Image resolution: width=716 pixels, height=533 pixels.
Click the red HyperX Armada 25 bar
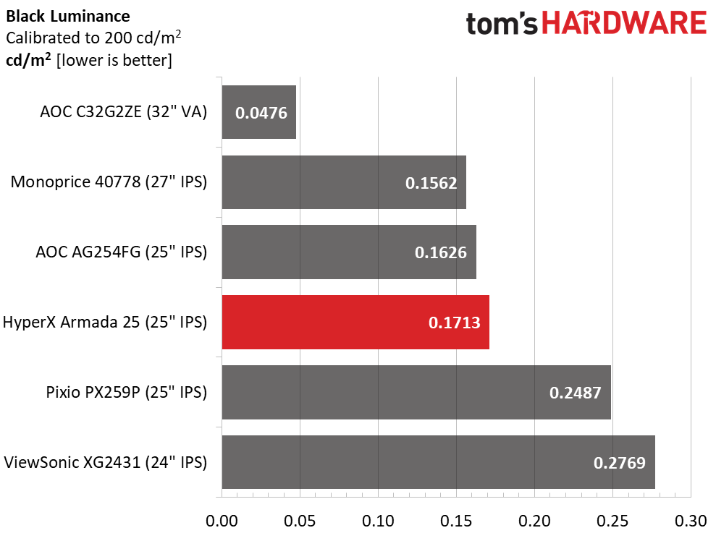[355, 322]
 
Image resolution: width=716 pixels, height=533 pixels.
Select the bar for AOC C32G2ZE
[259, 112]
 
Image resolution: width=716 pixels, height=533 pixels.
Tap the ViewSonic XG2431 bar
[439, 462]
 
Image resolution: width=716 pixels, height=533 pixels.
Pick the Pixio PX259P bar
[416, 392]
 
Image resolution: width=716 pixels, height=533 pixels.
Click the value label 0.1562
[431, 183]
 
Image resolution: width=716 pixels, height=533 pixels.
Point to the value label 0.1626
[441, 252]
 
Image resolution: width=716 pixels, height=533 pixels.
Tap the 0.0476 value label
[261, 113]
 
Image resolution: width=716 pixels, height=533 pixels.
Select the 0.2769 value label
[620, 463]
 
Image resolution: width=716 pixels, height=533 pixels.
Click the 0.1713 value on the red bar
[455, 323]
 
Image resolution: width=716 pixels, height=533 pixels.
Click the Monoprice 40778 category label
[109, 182]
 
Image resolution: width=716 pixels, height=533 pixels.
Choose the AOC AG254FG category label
[122, 252]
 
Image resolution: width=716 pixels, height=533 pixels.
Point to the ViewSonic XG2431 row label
[106, 462]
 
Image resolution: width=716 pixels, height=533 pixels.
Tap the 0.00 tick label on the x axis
[222, 521]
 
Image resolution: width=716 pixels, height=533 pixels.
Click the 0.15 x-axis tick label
[456, 521]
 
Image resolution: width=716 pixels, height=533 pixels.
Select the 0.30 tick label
[691, 521]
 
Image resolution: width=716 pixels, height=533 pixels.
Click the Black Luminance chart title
[68, 17]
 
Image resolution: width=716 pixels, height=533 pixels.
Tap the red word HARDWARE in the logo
[625, 23]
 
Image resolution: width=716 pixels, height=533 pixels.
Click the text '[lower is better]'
[114, 60]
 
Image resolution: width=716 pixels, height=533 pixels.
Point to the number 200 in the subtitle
[119, 38]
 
